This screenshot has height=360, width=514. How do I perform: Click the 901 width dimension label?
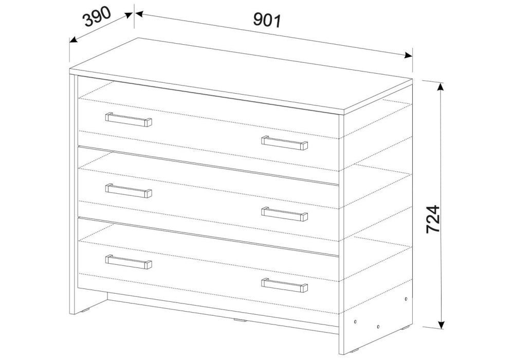coord(267,21)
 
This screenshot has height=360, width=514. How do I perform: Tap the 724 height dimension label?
coord(433,219)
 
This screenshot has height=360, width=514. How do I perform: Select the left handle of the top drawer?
coord(128,119)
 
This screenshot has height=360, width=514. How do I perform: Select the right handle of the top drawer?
coord(285,142)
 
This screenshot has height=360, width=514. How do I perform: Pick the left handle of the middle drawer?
coord(128,190)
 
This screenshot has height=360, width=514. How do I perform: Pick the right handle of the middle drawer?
coord(285,214)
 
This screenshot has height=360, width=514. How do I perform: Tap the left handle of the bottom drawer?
coord(128,261)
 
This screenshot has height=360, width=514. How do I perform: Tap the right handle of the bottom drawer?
coord(285,285)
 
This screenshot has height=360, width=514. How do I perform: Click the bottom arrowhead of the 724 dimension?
coord(441,323)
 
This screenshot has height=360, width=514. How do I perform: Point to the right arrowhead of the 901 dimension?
coord(408,55)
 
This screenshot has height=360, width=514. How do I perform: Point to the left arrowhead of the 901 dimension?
coord(140,14)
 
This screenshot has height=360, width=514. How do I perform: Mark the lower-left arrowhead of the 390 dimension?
coord(74,40)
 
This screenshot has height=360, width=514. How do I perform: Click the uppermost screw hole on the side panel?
coord(407,299)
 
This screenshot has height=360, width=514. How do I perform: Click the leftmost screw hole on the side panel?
coord(356,321)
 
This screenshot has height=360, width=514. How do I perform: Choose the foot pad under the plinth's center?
coord(240,319)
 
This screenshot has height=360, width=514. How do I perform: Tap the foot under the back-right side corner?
coord(406,327)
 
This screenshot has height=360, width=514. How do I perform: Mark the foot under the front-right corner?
coord(354,351)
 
